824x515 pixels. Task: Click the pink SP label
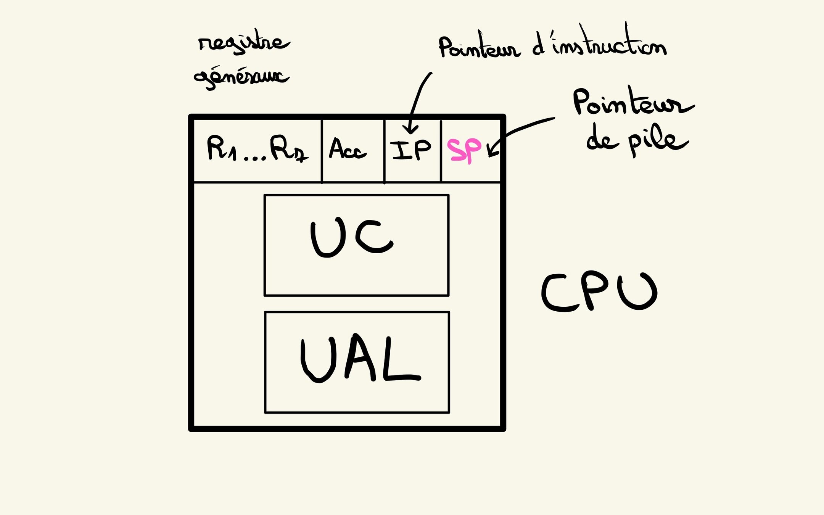click(x=464, y=150)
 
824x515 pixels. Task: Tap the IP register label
click(x=411, y=150)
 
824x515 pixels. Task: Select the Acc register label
click(x=347, y=149)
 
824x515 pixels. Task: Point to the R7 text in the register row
click(x=288, y=149)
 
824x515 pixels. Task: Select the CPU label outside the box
click(x=599, y=291)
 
